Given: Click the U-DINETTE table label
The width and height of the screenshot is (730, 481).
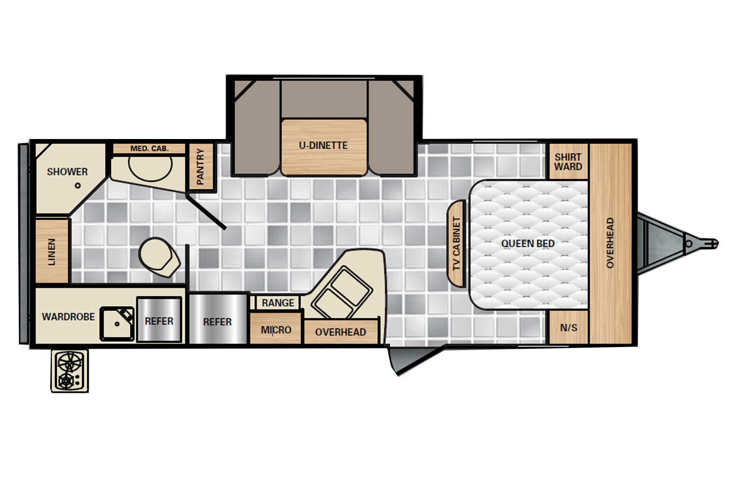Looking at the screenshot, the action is tap(323, 146).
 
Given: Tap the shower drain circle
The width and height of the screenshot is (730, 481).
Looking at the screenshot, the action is tap(78, 186).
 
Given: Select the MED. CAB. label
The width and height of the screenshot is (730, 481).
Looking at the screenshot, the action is tap(149, 149).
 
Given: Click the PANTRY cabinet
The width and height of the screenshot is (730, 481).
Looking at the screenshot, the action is tap(201, 166).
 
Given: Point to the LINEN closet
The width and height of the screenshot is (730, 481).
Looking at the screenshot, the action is tap(52, 251).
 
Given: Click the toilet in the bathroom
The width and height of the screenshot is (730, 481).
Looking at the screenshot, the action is tap(159, 257).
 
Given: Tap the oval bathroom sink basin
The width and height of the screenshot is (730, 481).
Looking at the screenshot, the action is tap(150, 165).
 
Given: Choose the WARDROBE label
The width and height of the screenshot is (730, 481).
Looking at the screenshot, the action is tap(68, 317).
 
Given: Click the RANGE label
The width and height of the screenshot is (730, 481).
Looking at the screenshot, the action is tap(278, 303).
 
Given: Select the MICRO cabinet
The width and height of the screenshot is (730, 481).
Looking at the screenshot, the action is tap(276, 328).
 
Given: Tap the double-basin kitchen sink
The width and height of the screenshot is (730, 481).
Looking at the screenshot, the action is tap(342, 292).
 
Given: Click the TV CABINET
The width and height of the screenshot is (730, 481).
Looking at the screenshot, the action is tap(456, 244).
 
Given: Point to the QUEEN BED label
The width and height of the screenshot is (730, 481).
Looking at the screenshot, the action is tap(528, 244).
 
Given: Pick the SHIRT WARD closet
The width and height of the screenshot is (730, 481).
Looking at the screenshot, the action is tap(569, 161).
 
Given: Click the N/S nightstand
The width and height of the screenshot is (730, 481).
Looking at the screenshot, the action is tap(569, 327).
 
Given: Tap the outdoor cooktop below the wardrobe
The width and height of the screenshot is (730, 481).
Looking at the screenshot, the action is tap(70, 371).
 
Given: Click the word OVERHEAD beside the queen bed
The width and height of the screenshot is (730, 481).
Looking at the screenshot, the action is tap(610, 243).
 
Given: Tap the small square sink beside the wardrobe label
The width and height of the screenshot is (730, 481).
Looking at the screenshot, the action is tap(117, 324).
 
